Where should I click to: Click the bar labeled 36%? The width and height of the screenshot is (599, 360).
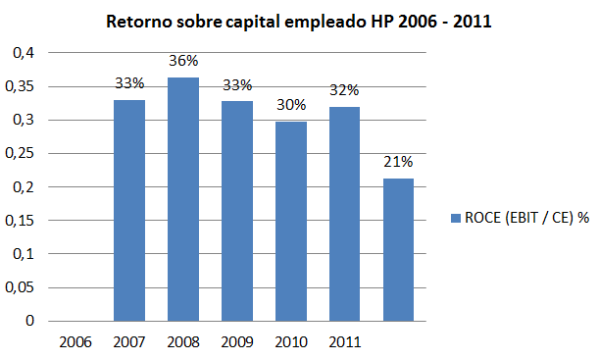tap(183, 199)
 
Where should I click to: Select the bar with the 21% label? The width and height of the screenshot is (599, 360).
tap(398, 249)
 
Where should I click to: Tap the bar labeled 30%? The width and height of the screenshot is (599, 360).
tap(290, 221)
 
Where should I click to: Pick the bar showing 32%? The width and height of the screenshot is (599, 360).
tap(344, 214)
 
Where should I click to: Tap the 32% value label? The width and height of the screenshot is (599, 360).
tap(344, 91)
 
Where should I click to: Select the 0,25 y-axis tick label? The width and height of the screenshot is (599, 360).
tap(24, 153)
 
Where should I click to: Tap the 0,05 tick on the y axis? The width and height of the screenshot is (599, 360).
tap(24, 286)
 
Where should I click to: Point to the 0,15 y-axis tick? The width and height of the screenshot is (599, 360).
tap(24, 220)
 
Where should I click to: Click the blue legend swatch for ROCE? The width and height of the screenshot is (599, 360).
tap(454, 219)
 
